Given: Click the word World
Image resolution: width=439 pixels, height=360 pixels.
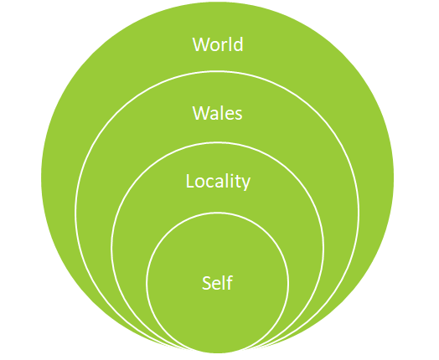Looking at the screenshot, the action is coord(218,44).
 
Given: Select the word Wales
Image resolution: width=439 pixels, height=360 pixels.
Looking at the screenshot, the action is coord(217,113).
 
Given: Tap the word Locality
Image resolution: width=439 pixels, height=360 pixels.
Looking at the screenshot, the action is coord(218,182).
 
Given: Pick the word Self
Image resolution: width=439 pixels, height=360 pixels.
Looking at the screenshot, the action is coord(217,282).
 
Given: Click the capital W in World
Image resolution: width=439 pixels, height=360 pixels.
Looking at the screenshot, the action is coord(200,44).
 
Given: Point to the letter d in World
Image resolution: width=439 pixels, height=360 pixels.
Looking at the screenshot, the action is coord(238,44).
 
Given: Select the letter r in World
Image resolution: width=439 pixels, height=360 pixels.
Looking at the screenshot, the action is coord(225,46).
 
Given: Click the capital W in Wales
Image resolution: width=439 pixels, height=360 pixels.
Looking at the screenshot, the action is coord(200,114).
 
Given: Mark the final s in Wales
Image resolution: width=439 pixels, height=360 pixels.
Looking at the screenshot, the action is coord(239,116).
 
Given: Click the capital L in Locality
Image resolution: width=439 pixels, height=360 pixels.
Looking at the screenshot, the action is coord(190,182).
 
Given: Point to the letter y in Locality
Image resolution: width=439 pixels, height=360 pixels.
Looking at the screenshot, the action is coord(245,184).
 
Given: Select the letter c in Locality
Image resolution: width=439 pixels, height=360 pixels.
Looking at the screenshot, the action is coord(210,183).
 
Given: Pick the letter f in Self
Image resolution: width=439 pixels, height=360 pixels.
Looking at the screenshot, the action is coord(229,282).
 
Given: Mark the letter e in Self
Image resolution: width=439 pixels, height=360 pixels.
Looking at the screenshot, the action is coord(217,285).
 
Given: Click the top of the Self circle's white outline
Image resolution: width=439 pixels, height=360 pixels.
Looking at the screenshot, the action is coord(217,213).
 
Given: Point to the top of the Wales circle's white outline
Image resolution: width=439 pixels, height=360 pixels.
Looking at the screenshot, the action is coord(217,72).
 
